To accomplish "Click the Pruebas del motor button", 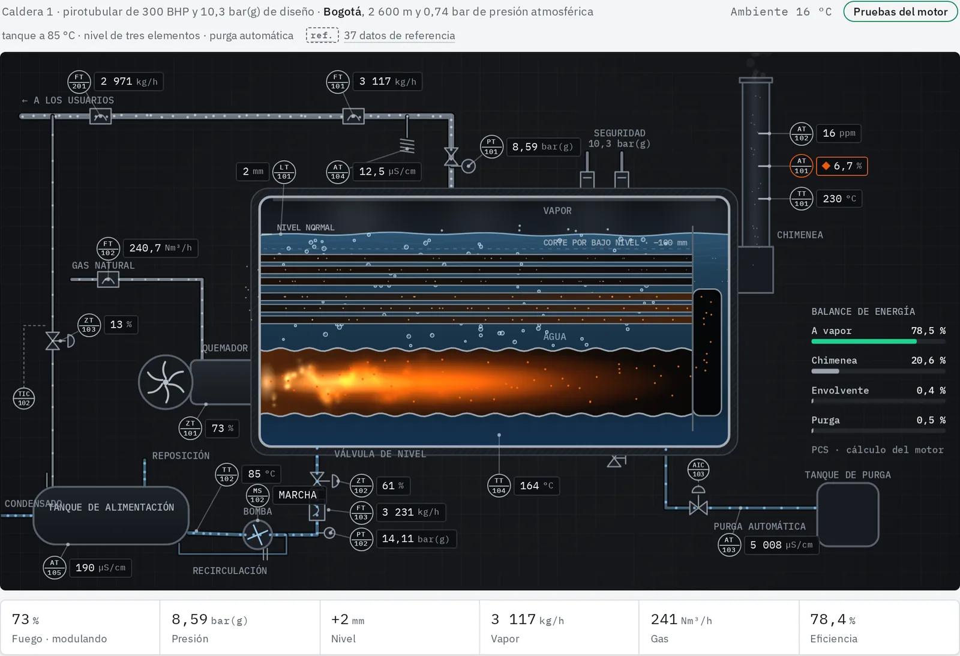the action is coord(900,11).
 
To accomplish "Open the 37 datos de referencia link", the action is coord(400,35).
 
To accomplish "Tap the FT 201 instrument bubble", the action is coord(79,82).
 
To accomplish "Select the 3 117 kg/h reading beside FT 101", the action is coord(388,82).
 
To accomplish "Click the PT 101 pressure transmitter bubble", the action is coord(491,146).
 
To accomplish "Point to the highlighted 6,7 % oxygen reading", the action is coord(842,166).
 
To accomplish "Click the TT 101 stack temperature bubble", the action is coord(802,199).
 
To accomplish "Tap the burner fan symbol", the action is coord(166,382).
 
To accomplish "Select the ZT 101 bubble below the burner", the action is coord(190,428).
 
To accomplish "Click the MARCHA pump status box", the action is coord(298,495).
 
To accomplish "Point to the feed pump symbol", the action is coord(257,534).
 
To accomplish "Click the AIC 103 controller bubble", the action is coord(698,469).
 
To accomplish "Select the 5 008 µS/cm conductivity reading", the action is coord(781,545).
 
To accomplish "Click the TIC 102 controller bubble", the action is coord(24,399).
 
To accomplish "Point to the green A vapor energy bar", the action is coord(864,342).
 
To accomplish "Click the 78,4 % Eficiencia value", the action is coord(833,619).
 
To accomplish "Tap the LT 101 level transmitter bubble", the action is coord(284,172).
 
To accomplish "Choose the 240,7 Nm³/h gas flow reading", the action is coord(161,248).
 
